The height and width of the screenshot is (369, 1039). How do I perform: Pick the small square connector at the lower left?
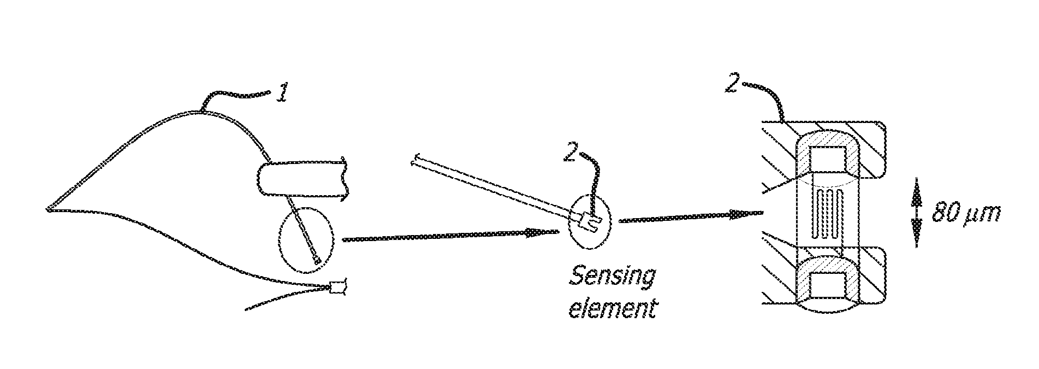point(339,287)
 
